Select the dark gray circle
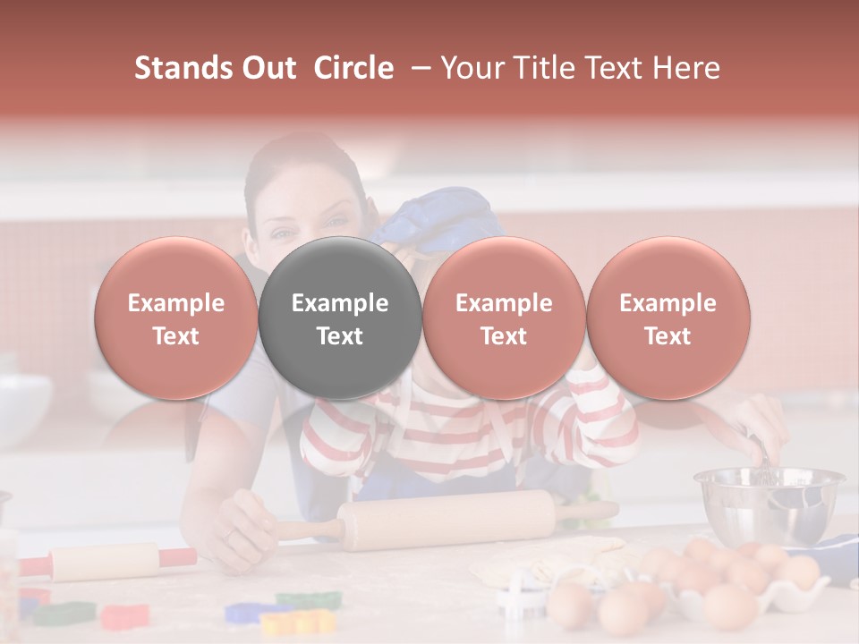coord(339,318)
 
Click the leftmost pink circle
coord(175,318)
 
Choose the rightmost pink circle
coord(668,318)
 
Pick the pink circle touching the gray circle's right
coord(504,318)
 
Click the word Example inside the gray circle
coord(339,303)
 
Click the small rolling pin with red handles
coord(106,561)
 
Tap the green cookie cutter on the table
coord(64,614)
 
